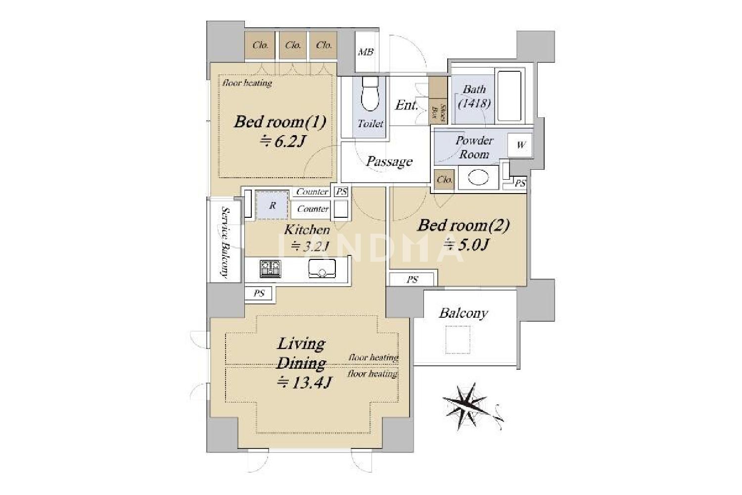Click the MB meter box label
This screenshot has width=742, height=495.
(366, 52)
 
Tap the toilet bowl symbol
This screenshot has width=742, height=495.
(370, 93)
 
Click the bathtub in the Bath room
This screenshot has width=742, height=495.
(510, 96)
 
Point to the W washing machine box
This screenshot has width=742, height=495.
(520, 145)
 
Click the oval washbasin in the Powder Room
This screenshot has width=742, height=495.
(478, 178)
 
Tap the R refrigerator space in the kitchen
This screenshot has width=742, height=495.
(272, 205)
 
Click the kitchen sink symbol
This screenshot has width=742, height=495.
(322, 268)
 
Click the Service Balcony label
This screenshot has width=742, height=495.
(225, 243)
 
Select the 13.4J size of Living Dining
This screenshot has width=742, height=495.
(304, 383)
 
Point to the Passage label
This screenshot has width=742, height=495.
(389, 161)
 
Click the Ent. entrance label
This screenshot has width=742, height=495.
(407, 105)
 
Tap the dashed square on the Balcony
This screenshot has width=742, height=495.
(458, 340)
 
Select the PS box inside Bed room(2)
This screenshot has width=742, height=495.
(412, 280)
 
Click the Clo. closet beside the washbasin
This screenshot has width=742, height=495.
(444, 180)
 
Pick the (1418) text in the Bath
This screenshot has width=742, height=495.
(474, 104)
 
